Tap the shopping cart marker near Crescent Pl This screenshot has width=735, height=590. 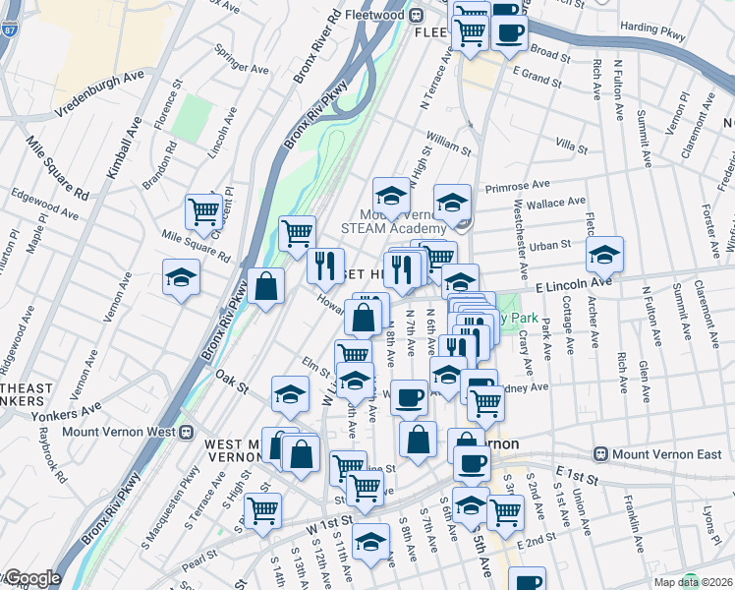[203, 210]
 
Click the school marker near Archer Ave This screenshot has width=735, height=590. [604, 255]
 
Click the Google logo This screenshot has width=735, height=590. [31, 578]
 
